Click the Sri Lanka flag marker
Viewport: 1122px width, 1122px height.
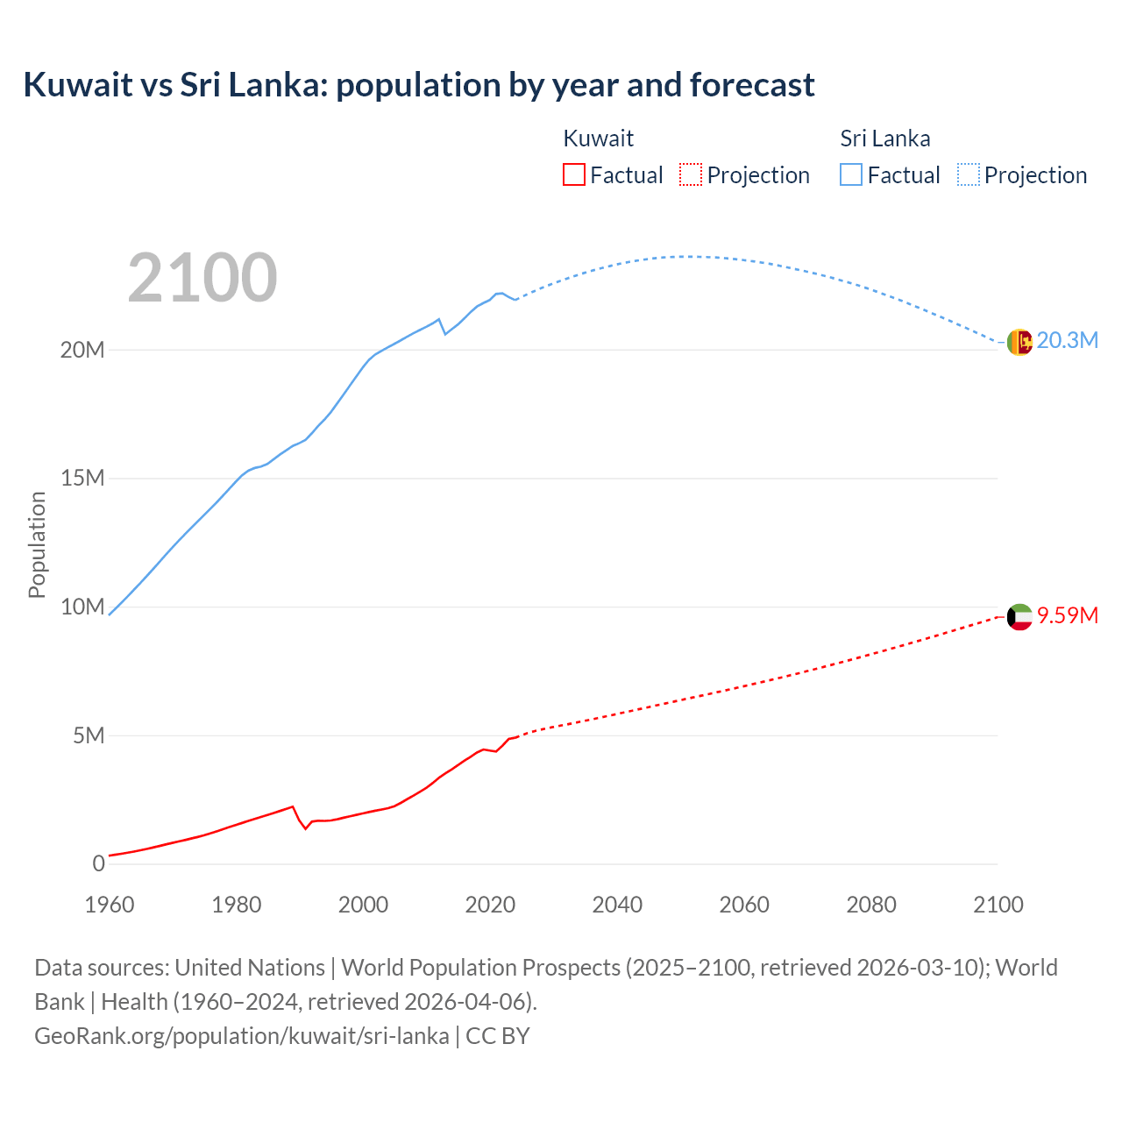coord(1019,342)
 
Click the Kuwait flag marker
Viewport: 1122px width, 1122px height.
coord(1019,617)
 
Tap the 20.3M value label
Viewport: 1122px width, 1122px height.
coord(1067,340)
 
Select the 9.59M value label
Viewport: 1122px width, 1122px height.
coord(1067,615)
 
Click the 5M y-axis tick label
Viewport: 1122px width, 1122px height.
coord(89,735)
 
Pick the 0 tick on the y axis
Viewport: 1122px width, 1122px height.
coord(98,863)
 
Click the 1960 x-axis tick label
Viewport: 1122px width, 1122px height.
coord(110,905)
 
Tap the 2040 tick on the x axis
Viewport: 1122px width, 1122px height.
coord(617,905)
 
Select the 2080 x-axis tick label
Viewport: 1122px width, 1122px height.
coord(870,905)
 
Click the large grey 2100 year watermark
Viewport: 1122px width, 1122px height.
coord(202,278)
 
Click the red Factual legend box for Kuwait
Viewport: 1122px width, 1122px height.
coord(573,174)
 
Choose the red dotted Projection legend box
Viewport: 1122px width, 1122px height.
coord(691,174)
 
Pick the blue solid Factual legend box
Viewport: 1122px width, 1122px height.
coord(850,174)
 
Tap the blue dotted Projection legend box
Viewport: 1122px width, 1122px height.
coord(968,174)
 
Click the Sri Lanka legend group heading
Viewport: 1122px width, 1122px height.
coord(884,138)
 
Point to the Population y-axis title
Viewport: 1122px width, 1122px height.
coord(37,544)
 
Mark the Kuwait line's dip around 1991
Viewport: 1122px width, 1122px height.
coord(306,828)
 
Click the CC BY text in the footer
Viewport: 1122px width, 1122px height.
coord(498,1035)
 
